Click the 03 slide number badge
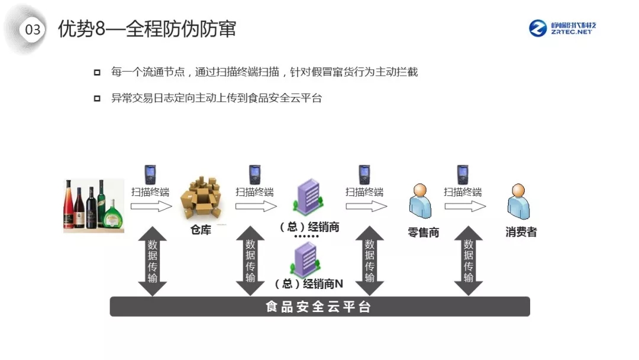point(33,29)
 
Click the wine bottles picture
point(93,205)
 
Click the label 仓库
point(201,230)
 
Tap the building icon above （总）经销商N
point(306,261)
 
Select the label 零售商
point(423,233)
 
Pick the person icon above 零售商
point(420,201)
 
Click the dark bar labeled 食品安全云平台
point(319,307)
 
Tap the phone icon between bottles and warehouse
point(150,175)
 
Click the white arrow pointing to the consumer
point(465,206)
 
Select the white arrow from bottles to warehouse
point(151,206)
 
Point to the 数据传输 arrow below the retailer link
point(370,261)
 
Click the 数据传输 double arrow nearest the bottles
point(152,261)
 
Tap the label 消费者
point(521,232)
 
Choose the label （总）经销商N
point(309,284)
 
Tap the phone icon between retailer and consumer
point(463,175)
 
